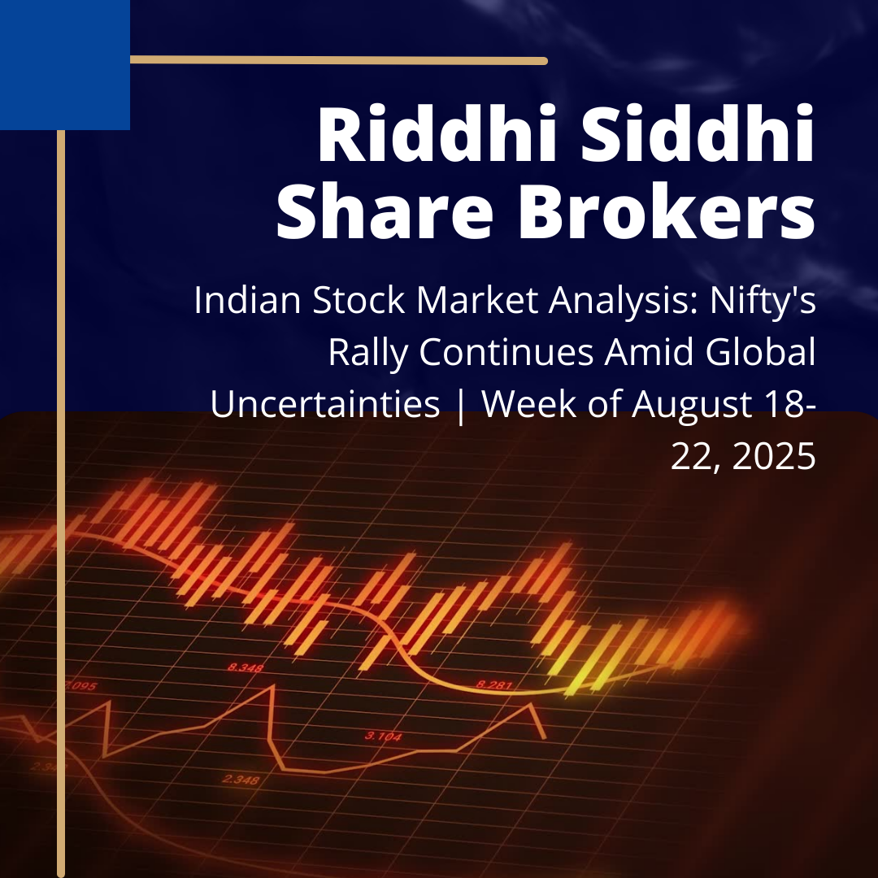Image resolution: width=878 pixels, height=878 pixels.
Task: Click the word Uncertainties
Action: pos(325,404)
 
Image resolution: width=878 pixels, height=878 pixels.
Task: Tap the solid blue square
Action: pos(64,64)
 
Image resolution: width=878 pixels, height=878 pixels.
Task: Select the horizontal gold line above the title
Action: pos(338,60)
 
